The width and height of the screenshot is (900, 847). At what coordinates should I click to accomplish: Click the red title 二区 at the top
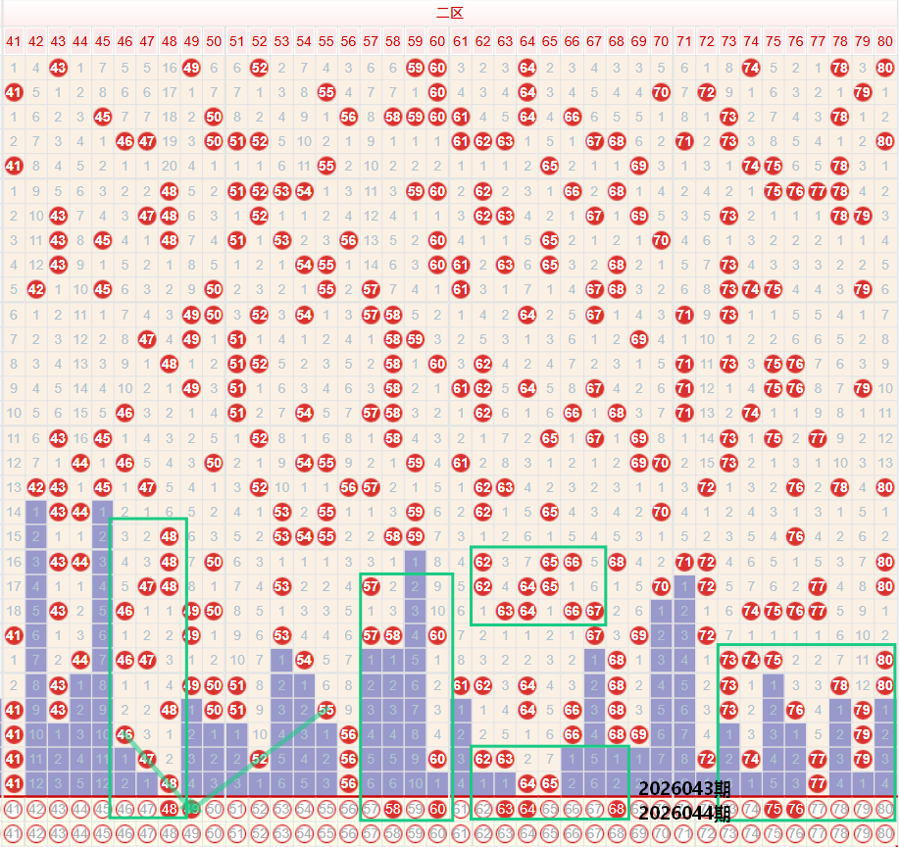[x=449, y=13]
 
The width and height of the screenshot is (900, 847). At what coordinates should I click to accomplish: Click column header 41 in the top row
[x=13, y=41]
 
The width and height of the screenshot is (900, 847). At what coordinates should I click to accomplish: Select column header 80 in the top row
[x=885, y=41]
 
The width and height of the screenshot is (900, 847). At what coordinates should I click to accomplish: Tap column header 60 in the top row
[x=437, y=41]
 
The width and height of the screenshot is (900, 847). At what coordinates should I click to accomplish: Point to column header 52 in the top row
[x=259, y=41]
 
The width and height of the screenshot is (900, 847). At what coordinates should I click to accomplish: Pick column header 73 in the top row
[x=728, y=41]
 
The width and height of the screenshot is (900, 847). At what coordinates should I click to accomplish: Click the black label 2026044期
[x=683, y=813]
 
